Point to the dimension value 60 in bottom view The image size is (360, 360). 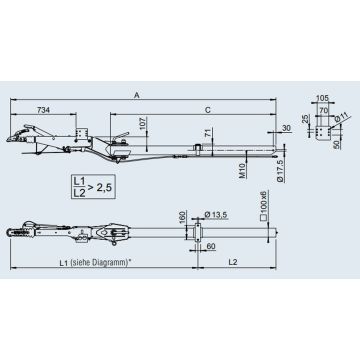(211, 248)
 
